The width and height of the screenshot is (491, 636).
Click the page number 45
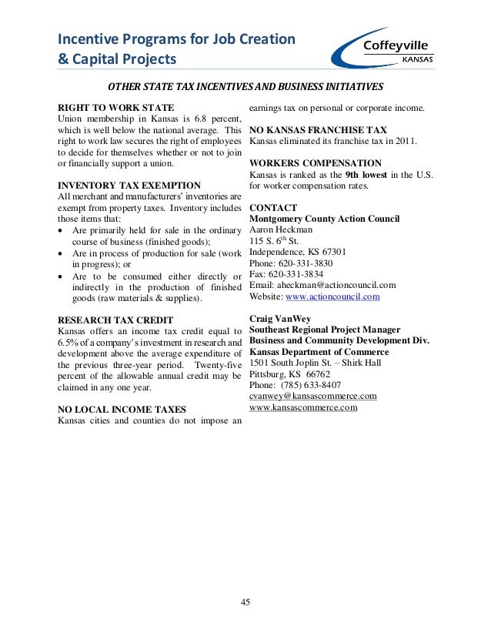tap(245, 602)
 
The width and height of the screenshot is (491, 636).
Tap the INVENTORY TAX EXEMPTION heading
tap(129, 186)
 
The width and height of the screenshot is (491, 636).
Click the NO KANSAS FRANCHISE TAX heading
tap(318, 130)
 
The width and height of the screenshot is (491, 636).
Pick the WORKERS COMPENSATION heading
tap(316, 163)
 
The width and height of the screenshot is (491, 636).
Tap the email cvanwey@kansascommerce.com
tap(313, 396)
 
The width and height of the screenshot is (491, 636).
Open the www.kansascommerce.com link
tap(303, 407)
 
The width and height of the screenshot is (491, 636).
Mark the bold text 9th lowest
tap(366, 175)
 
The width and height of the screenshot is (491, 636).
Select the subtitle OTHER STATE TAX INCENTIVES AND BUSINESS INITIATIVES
tap(245, 86)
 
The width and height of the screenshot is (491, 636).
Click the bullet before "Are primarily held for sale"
tap(62, 230)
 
